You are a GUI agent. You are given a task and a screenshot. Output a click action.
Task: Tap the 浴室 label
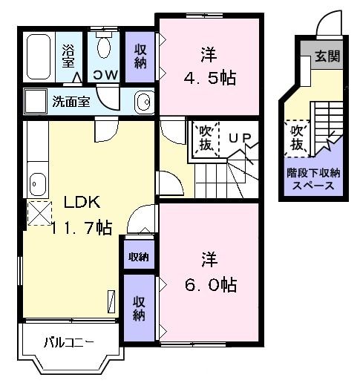pyautogui.click(x=68, y=58)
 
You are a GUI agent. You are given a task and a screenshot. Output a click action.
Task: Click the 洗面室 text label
pyautogui.click(x=71, y=102)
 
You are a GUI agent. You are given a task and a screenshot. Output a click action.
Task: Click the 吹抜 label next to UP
pyautogui.click(x=206, y=138)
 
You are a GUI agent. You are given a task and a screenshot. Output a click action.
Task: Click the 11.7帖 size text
pyautogui.click(x=82, y=228)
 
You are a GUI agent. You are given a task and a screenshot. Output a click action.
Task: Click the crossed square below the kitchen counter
pyautogui.click(x=38, y=212)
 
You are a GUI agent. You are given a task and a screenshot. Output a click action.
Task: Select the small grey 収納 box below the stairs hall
pyautogui.click(x=139, y=257)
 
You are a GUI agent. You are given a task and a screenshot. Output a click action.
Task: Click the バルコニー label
pyautogui.click(x=68, y=342)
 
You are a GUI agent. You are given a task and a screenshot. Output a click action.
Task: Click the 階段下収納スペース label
pyautogui.click(x=314, y=179)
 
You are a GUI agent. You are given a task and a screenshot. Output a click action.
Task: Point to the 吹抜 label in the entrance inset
pyautogui.click(x=298, y=137)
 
